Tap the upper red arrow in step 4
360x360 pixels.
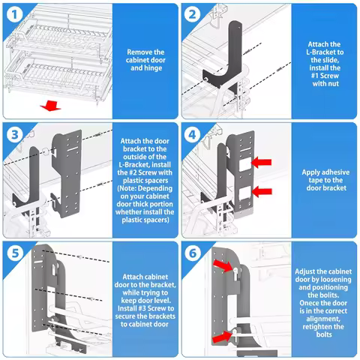pyautogui.click(x=263, y=161)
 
